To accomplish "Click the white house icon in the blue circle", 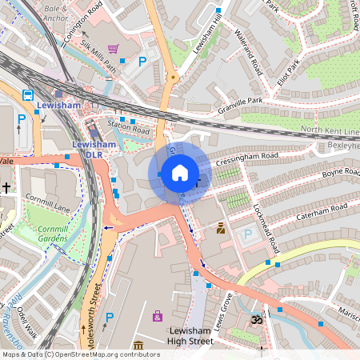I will coord(180,173).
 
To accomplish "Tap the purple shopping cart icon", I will coord(113,49).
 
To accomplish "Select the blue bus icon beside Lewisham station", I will coord(28,94).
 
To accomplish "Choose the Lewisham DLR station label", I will coord(90,149).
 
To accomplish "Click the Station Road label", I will coord(129,127).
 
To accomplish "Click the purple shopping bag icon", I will coord(158,317).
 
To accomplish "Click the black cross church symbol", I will coord(6,188).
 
